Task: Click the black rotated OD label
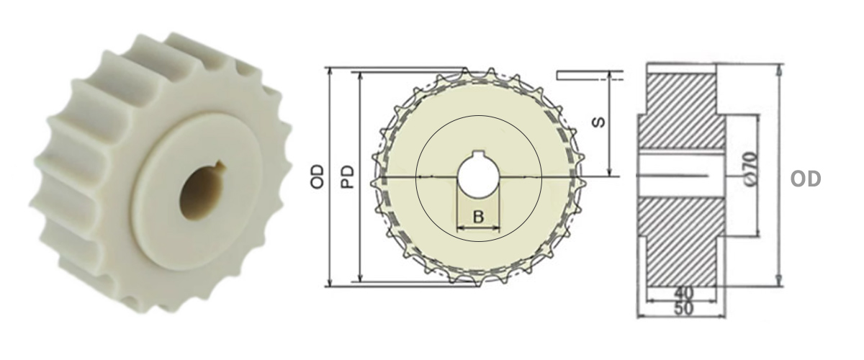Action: tap(318, 176)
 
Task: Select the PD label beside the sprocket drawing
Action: tap(347, 176)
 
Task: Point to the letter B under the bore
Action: tap(479, 217)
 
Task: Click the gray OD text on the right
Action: tap(806, 179)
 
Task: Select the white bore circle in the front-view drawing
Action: tap(478, 177)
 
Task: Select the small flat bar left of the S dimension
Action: tap(582, 73)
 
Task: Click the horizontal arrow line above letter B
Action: tap(478, 229)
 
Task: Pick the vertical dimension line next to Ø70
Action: tap(757, 176)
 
